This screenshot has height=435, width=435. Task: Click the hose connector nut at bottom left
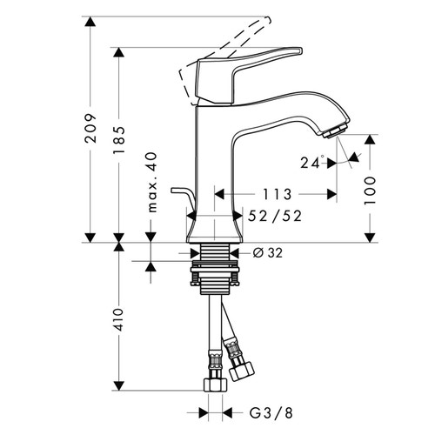click(211, 383)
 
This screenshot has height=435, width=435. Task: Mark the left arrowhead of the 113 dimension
click(217, 193)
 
